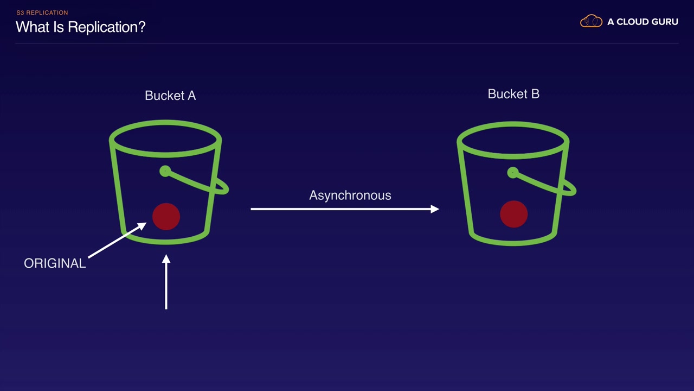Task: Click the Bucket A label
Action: point(170,96)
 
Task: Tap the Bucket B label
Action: point(513,94)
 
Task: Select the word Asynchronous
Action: point(350,195)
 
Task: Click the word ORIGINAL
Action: point(55,263)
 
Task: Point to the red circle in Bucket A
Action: point(166,217)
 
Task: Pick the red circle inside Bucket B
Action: point(513,214)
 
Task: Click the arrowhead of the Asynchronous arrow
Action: point(435,209)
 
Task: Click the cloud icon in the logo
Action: point(591,22)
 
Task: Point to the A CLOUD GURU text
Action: point(642,22)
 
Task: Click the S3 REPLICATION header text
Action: point(42,12)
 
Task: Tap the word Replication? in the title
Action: point(114,27)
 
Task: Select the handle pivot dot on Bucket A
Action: point(165,172)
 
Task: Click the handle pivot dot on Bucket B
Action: point(512,173)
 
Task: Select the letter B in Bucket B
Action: point(535,94)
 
